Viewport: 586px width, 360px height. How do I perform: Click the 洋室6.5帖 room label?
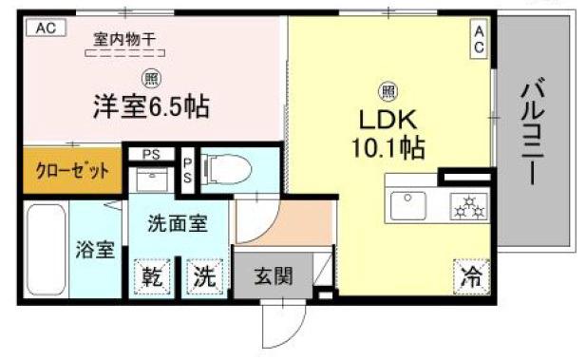(151, 106)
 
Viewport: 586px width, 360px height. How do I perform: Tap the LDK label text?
(387, 123)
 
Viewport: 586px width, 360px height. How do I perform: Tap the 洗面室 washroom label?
(177, 225)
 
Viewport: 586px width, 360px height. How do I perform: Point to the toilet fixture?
(229, 169)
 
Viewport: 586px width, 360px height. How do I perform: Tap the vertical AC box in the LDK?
(479, 40)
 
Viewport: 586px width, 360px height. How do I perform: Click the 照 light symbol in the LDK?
(388, 91)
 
